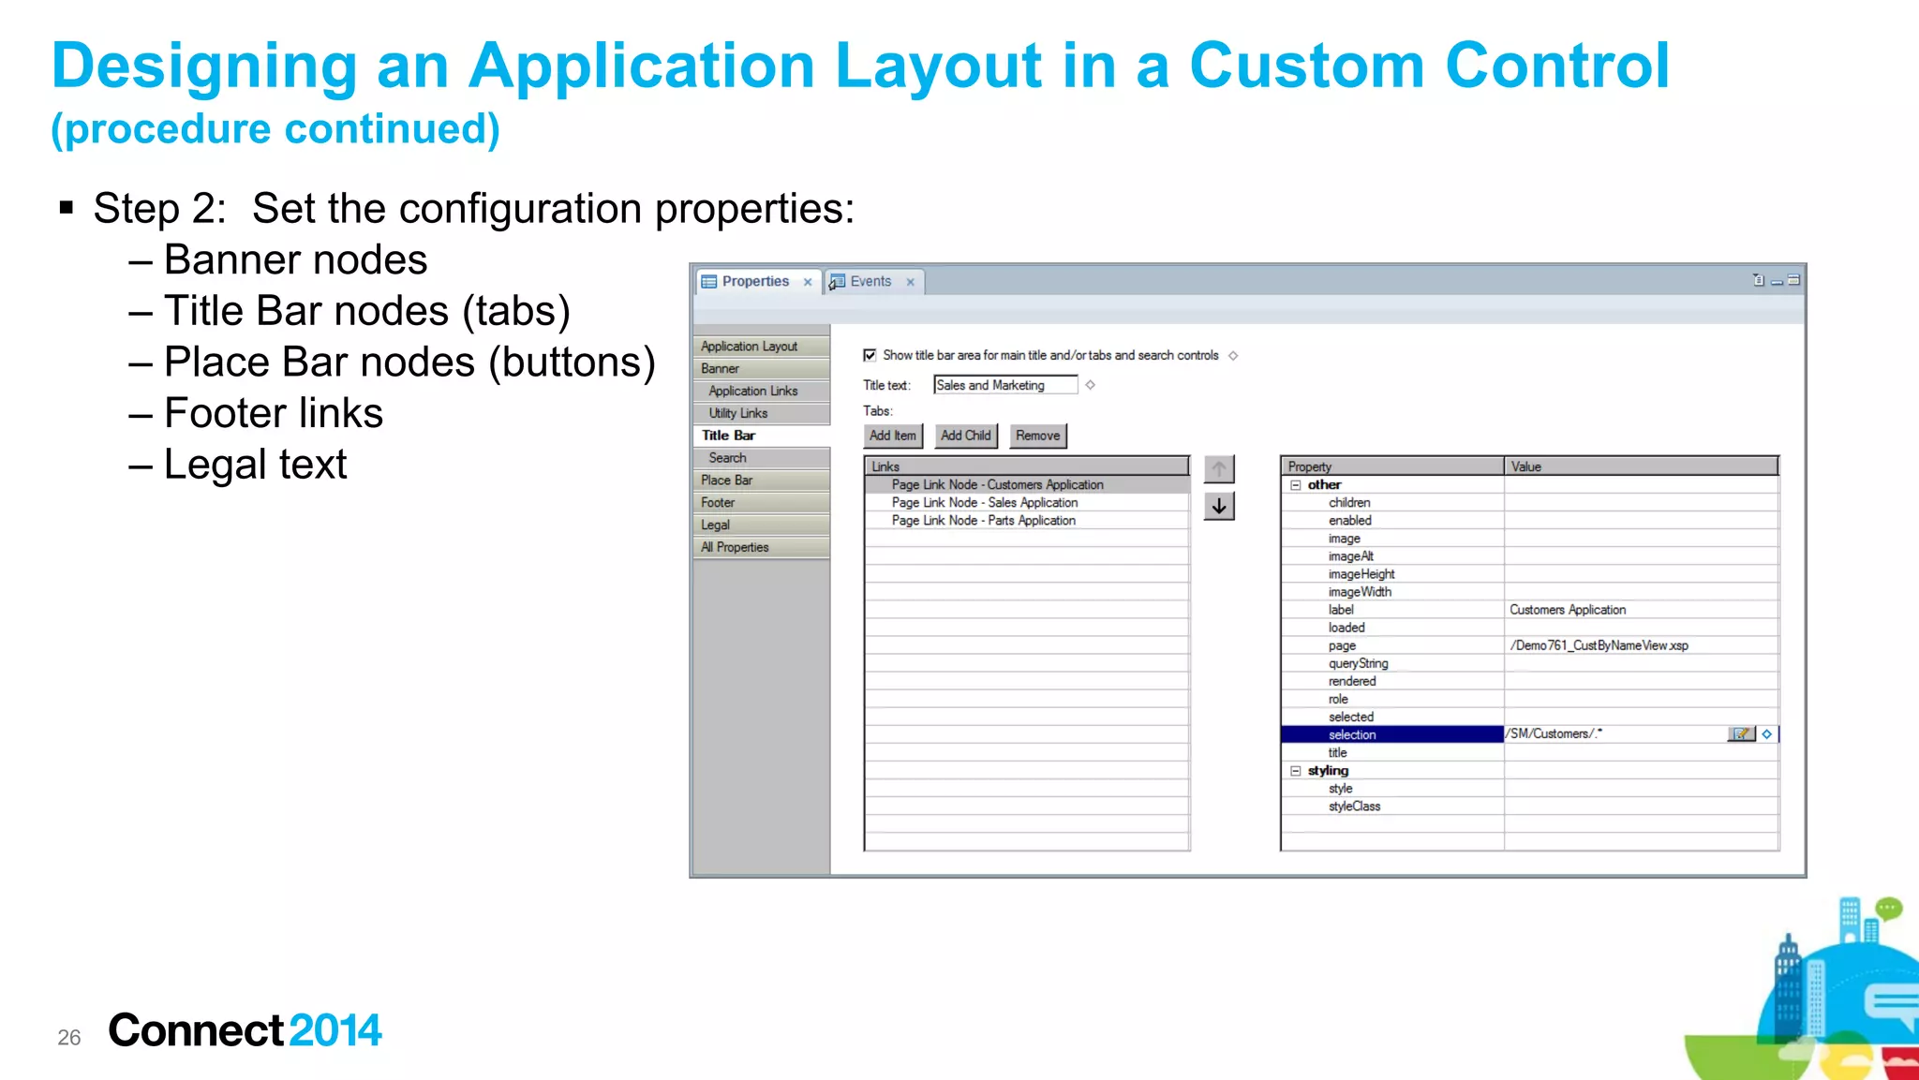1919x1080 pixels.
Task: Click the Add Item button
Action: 892,436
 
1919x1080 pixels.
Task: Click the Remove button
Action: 1037,436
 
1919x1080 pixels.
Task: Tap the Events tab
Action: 870,281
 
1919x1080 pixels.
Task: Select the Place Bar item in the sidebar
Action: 727,481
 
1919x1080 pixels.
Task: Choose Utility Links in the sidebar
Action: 738,413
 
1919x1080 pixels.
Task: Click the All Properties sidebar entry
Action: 735,547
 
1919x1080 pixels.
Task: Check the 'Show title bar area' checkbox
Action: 870,355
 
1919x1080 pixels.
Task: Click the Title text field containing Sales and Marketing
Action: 1004,385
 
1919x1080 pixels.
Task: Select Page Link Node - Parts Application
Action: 983,521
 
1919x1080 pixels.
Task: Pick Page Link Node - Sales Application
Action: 984,503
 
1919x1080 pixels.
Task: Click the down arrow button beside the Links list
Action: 1218,507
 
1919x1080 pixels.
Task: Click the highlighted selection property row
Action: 1391,734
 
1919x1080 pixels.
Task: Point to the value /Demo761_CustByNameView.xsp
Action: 1599,645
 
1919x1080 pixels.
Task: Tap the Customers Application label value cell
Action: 1568,610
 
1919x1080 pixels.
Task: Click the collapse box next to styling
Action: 1296,771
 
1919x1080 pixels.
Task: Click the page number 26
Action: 69,1037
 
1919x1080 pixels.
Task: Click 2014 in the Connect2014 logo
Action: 335,1030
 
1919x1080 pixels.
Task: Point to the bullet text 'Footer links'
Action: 274,413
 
